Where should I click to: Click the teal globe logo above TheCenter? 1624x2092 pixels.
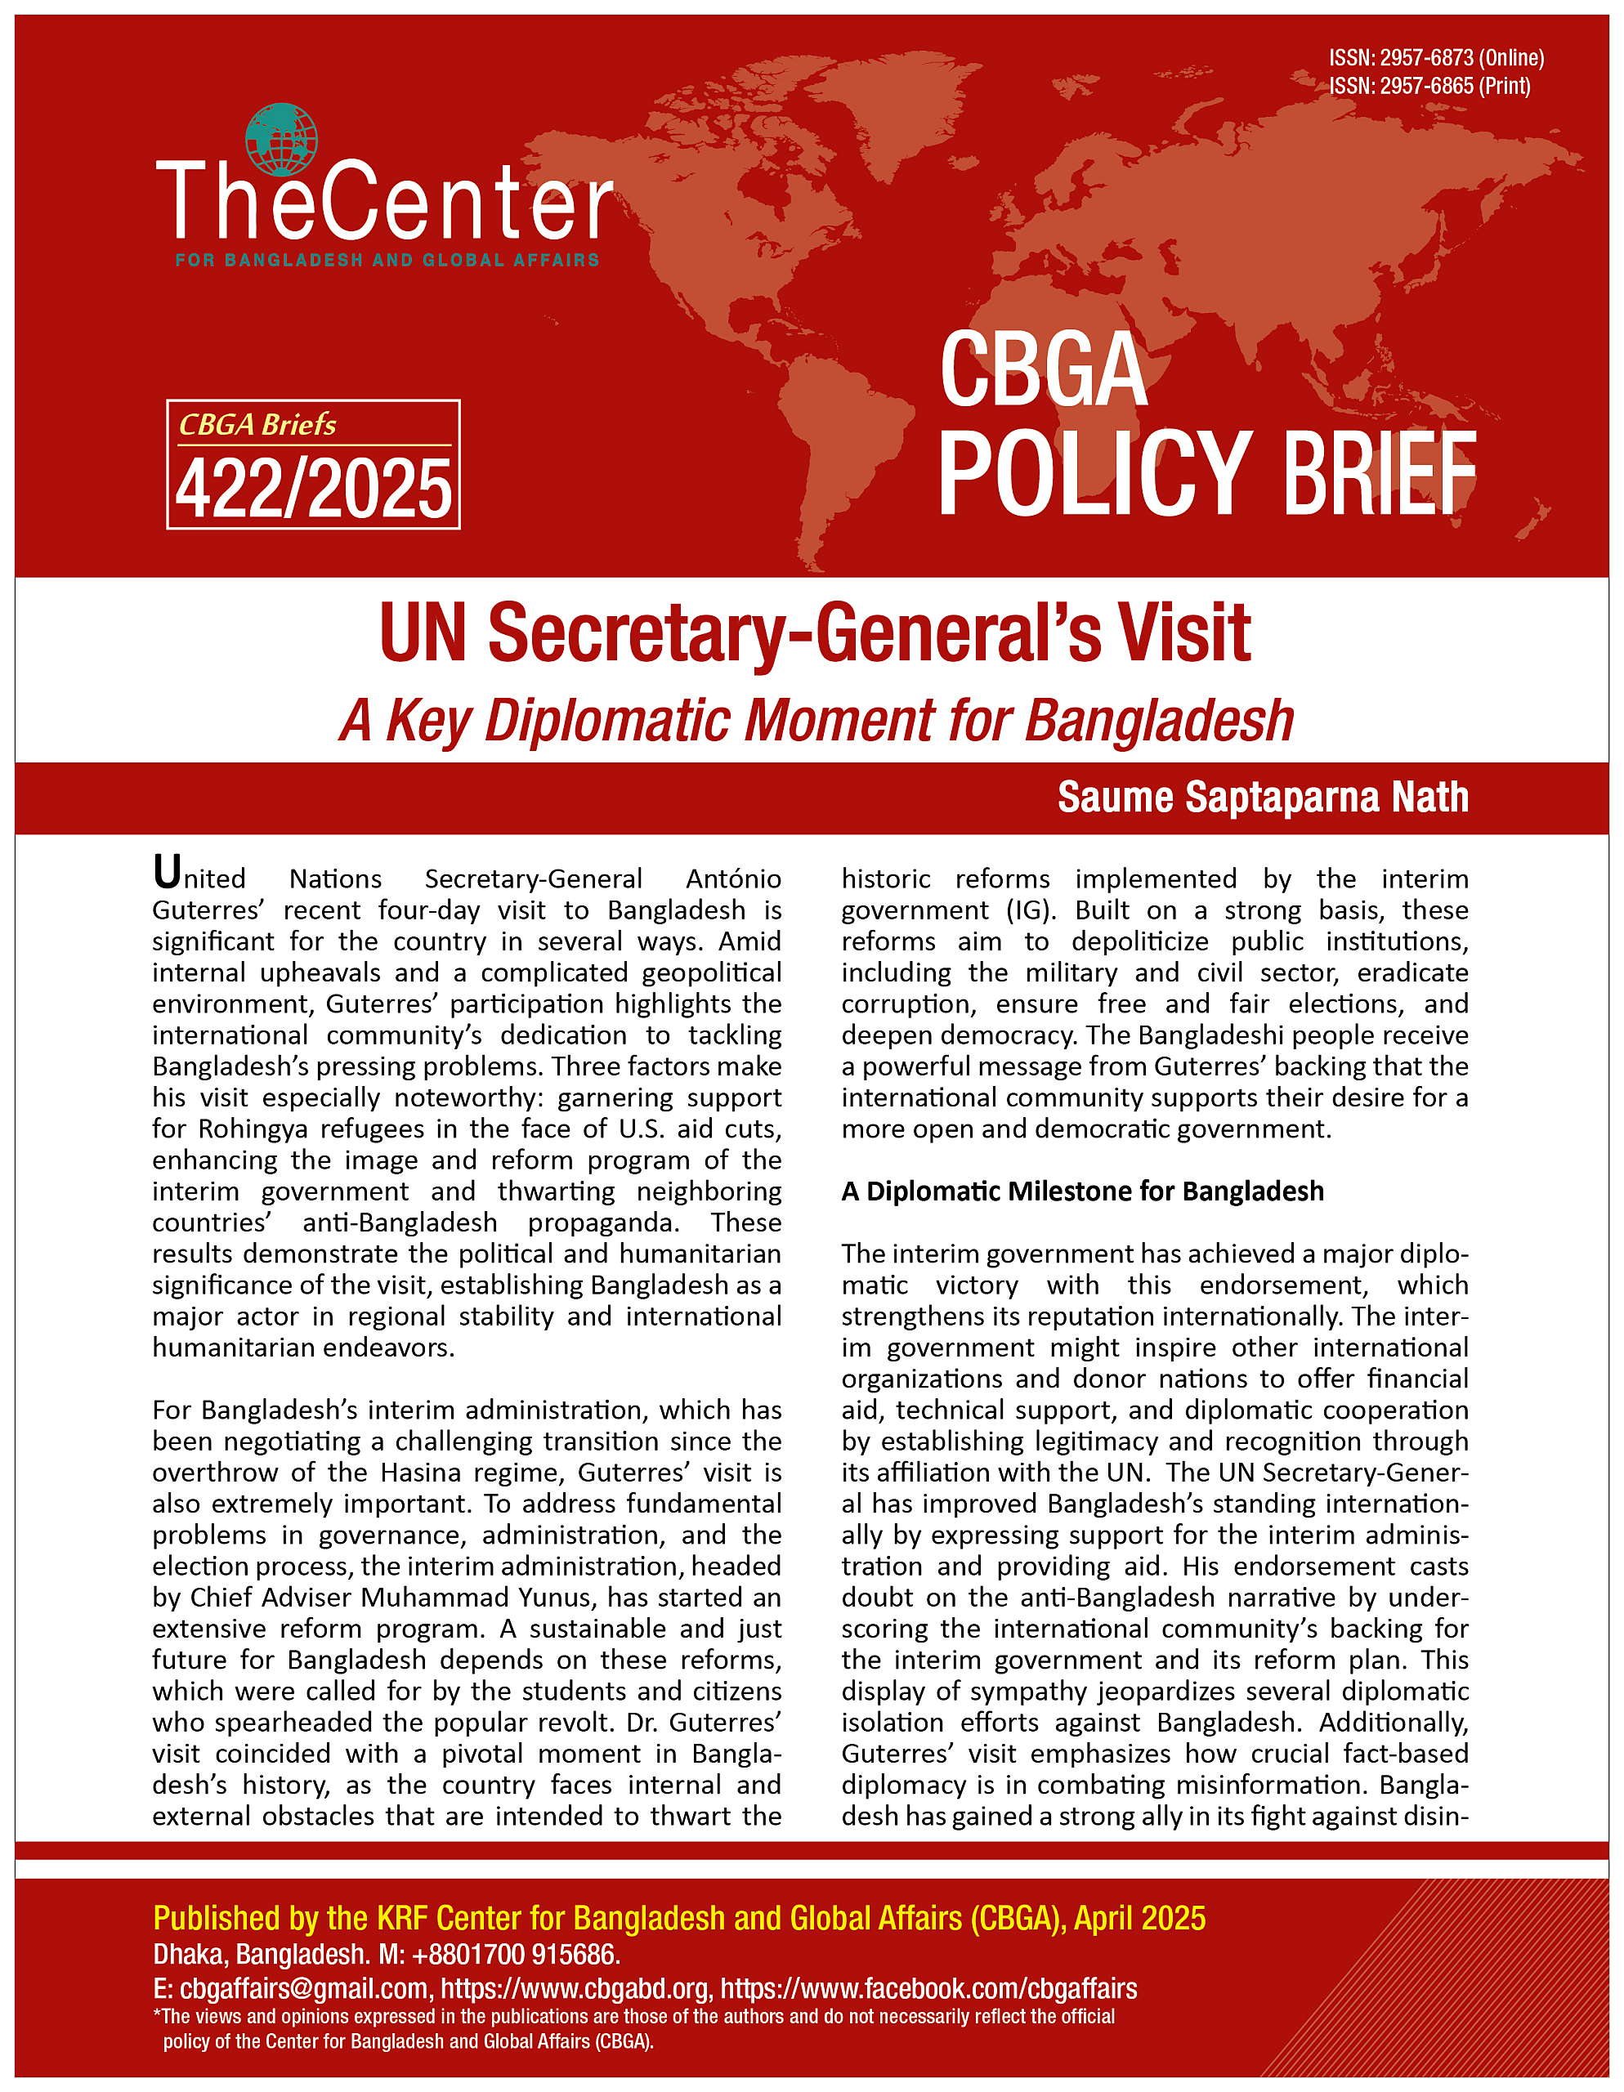point(280,140)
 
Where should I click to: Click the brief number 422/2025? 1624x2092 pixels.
point(313,489)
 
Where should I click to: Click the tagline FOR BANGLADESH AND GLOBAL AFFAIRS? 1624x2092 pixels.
point(387,261)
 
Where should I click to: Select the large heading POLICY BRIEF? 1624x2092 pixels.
point(1206,473)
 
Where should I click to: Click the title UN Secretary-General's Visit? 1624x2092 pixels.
point(814,633)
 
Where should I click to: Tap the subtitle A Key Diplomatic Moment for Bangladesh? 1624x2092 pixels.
point(816,720)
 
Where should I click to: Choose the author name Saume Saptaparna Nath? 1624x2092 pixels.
point(1262,798)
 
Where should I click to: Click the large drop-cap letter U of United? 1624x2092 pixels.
point(167,873)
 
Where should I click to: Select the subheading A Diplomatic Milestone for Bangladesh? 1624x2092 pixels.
point(1081,1191)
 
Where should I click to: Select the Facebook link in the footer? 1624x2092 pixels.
point(928,1988)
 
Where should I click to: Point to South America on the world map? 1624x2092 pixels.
point(834,431)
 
